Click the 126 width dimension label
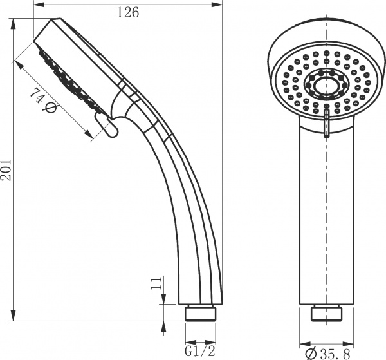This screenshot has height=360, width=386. tap(128, 13)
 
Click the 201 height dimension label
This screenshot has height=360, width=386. tap(6, 170)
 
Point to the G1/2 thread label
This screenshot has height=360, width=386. tap(200, 352)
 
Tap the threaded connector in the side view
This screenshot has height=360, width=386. tap(200, 313)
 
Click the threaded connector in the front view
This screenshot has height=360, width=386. tap(326, 314)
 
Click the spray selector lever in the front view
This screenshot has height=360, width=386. tap(326, 122)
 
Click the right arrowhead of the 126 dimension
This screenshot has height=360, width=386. tap(217, 5)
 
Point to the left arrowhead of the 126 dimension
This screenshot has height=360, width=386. tap(39, 5)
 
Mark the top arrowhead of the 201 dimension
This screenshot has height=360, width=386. tap(14, 24)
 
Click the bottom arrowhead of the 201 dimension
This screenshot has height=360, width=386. tap(14, 315)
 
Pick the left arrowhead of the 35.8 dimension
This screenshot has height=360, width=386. tap(305, 344)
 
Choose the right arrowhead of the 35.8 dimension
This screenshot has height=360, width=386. tap(348, 344)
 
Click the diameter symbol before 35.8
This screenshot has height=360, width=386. tap(311, 354)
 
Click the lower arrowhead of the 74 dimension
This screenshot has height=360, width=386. tap(88, 135)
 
